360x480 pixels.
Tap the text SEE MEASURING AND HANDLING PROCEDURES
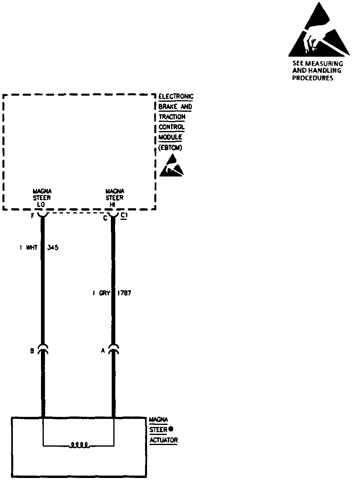(x=317, y=71)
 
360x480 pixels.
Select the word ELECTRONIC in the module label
(x=176, y=96)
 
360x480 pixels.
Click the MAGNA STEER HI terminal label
(x=115, y=197)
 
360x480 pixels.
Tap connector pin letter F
(x=33, y=217)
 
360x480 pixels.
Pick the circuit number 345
(x=53, y=248)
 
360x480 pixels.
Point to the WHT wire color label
(x=31, y=248)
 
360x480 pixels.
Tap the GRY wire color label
(x=104, y=293)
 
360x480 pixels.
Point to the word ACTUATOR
(x=164, y=440)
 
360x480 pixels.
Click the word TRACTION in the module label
(x=172, y=117)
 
